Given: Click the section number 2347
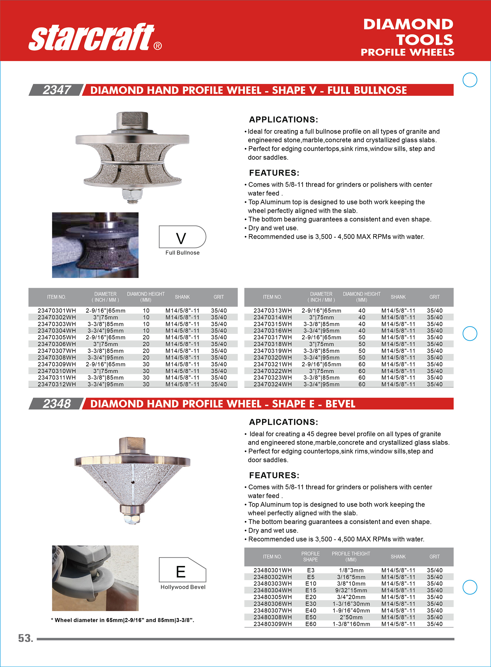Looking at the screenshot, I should point(56,90).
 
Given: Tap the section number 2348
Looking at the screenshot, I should point(56,404).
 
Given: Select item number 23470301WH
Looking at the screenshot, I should point(57,311).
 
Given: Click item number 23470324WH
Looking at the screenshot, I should point(273,384).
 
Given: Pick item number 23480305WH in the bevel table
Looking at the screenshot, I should point(273,597).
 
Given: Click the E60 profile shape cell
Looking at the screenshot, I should point(311,624).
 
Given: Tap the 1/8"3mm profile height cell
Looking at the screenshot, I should point(351,570).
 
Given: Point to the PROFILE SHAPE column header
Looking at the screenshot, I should point(310,557).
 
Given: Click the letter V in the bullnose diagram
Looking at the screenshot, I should point(181,238).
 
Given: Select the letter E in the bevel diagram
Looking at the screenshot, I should point(181,571).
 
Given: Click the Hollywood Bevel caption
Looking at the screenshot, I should point(183,587).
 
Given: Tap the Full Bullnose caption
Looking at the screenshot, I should point(182,253).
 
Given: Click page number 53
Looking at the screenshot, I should point(26,638).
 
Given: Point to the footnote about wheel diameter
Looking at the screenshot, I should point(122,620).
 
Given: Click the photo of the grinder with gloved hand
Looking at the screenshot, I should point(95,578).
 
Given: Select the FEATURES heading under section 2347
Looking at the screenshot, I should point(274,173).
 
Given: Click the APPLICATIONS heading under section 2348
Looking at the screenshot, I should point(283,422).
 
